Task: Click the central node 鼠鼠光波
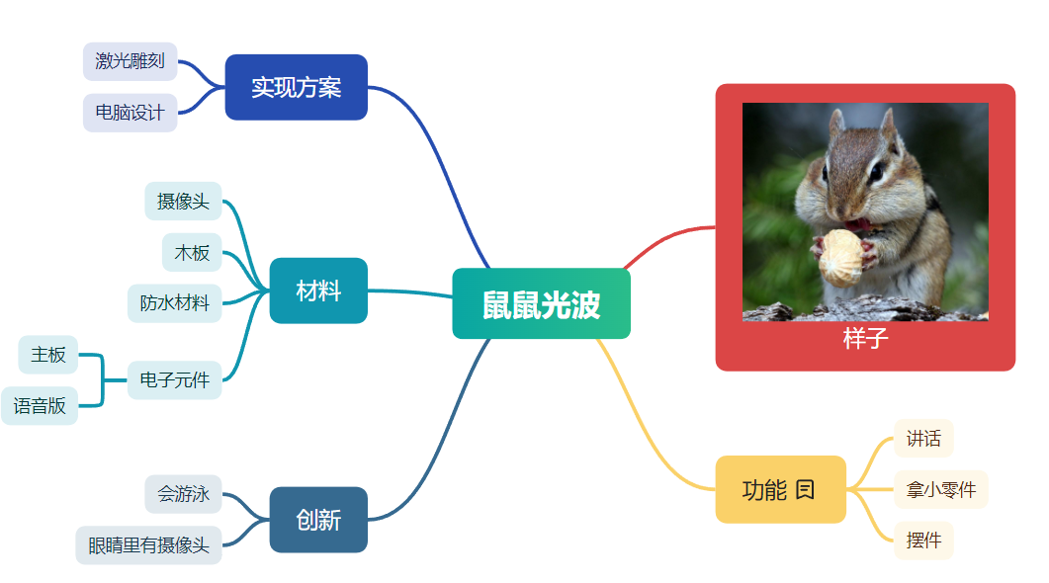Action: [541, 303]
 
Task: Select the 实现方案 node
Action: [297, 87]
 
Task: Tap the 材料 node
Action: [318, 291]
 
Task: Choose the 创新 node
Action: [318, 520]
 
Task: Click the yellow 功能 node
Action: [781, 489]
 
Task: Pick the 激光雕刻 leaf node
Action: [130, 61]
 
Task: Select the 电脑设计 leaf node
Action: [130, 113]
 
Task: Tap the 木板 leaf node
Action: [192, 253]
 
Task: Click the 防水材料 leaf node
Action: [175, 303]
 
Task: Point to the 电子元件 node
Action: [175, 379]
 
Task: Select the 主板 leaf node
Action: [48, 355]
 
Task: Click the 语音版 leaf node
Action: [40, 405]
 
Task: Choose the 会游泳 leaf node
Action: [183, 494]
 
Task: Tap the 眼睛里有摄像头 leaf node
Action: [148, 545]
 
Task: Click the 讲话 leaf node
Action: [923, 439]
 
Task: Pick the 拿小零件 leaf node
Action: [941, 489]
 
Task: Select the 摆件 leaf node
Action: [923, 541]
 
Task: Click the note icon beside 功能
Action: [805, 490]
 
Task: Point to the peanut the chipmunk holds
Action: [841, 258]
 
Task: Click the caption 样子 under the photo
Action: [866, 338]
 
